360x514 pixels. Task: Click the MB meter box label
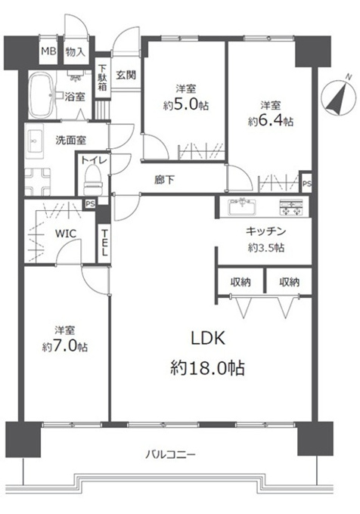pos(48,52)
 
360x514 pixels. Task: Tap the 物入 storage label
pos(75,52)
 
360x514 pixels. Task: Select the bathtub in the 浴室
pos(41,95)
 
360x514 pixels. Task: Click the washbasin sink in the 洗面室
pos(34,141)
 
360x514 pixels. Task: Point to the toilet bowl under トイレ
pos(93,180)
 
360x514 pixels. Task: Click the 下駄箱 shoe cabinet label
pos(103,77)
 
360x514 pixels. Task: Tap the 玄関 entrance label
pos(126,75)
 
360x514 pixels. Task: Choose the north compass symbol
pos(339,95)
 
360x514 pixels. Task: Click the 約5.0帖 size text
pos(186,105)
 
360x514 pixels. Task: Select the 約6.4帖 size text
pos(271,121)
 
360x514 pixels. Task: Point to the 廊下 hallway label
pos(165,179)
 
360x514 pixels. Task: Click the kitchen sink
pos(242,207)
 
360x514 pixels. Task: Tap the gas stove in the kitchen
pos(291,207)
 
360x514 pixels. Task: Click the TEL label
pos(104,243)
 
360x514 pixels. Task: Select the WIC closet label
pos(66,234)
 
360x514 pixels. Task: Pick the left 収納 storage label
pos(241,282)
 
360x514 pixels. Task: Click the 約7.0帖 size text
pos(65,346)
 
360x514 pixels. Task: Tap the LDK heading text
pos(208,339)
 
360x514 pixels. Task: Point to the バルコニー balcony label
pos(170,454)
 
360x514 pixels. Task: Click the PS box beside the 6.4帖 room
pos(306,184)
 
